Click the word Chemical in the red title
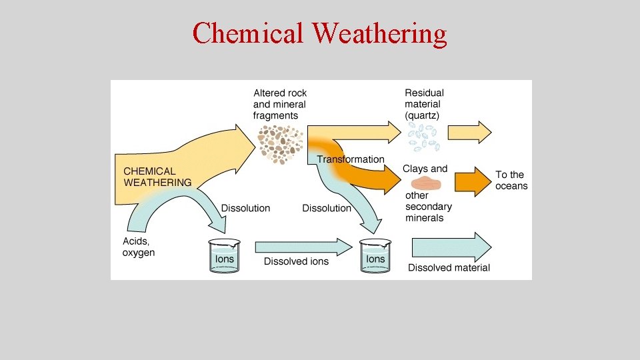click(247, 33)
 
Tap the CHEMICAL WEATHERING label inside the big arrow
click(157, 177)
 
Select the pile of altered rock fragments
click(280, 143)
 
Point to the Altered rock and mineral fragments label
click(280, 104)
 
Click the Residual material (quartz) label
click(424, 104)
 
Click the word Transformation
click(351, 159)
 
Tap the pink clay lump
click(429, 183)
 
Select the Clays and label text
click(425, 169)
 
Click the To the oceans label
click(511, 181)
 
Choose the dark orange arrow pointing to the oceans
click(473, 181)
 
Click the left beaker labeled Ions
click(224, 257)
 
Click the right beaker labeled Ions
click(375, 257)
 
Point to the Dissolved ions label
click(296, 261)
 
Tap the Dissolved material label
click(449, 268)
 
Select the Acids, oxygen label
click(139, 247)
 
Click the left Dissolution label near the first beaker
click(245, 208)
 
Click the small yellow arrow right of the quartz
click(469, 133)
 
